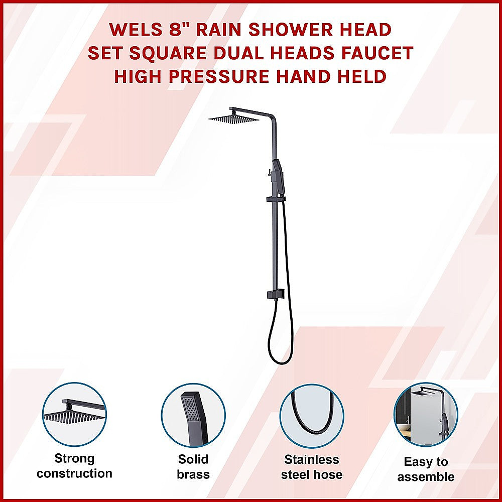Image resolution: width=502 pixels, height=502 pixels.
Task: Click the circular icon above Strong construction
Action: coord(74,414)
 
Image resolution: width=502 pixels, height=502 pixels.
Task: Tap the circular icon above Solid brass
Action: coord(193,415)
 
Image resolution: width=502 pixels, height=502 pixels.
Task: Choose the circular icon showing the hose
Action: coord(312,416)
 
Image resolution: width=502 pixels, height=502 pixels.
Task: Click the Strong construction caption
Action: coord(74,466)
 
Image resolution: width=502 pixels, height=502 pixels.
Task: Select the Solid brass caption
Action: coord(193,467)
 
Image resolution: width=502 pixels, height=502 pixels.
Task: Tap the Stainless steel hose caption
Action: coord(312,467)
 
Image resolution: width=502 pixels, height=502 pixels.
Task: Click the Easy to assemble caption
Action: coord(426,469)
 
